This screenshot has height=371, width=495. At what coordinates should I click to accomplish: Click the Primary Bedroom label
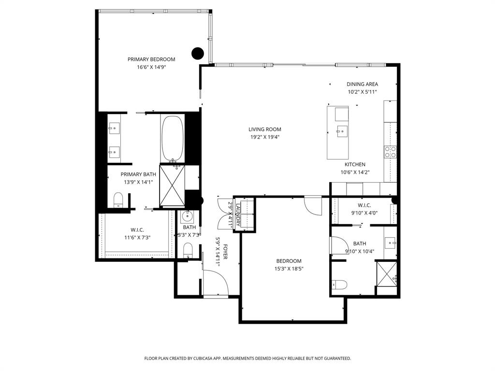pyautogui.click(x=151, y=59)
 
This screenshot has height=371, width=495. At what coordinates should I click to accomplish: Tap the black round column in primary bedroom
pyautogui.click(x=197, y=53)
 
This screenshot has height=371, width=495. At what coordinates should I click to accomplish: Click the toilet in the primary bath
pyautogui.click(x=118, y=200)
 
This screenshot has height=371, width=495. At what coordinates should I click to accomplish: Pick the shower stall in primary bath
pyautogui.click(x=172, y=186)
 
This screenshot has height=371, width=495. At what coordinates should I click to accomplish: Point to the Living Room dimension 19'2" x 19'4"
pyautogui.click(x=264, y=137)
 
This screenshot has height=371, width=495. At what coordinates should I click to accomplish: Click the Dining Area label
pyautogui.click(x=362, y=84)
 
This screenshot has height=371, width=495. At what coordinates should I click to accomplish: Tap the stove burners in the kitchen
pyautogui.click(x=390, y=152)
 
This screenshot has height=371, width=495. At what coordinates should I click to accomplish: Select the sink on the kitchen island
pyautogui.click(x=342, y=130)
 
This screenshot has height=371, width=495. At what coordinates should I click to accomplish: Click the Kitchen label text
pyautogui.click(x=355, y=165)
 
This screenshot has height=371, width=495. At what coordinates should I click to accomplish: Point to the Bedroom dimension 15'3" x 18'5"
pyautogui.click(x=289, y=269)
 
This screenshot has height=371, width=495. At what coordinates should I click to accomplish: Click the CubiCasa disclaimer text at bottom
pyautogui.click(x=247, y=358)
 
